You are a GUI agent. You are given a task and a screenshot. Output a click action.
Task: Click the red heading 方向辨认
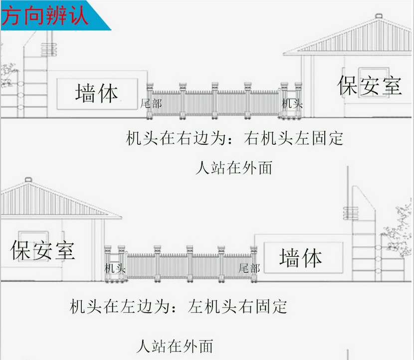coord(45,16)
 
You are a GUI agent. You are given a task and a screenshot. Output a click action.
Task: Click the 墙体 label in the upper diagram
coord(96,93)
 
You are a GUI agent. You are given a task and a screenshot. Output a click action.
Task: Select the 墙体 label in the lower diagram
coord(300,258)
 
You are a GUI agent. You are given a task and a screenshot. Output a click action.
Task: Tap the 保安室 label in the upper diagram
coord(370,85)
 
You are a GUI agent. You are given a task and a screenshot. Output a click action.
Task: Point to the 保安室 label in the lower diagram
coord(42,250)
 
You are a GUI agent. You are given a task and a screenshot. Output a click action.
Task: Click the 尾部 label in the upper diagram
coord(151,103)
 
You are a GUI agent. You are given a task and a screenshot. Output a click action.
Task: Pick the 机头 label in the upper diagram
coord(292,103)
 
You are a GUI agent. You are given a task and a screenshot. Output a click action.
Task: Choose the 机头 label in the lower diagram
coord(115,268)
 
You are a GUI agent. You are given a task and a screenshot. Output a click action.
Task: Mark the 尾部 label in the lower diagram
coord(249,268)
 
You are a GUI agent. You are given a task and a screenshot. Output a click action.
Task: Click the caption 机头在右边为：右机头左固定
coord(234,138)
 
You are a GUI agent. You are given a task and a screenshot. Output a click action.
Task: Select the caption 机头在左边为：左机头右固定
coord(178,307)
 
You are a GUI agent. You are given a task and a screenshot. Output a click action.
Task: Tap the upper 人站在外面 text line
coord(234,168)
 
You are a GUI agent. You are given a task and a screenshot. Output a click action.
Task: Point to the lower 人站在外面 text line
coord(175,346)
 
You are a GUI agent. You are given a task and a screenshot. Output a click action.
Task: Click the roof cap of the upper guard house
coord(379,16)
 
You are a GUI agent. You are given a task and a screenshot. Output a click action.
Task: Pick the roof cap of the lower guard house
coord(28,180)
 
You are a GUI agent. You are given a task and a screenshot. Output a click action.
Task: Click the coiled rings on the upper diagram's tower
coord(49,49)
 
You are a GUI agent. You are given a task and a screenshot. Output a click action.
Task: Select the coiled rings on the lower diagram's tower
coord(351,213)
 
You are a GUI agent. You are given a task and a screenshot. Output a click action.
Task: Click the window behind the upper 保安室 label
coord(374,82)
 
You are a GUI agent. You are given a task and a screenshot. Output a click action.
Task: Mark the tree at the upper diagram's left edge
coord(8,74)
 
